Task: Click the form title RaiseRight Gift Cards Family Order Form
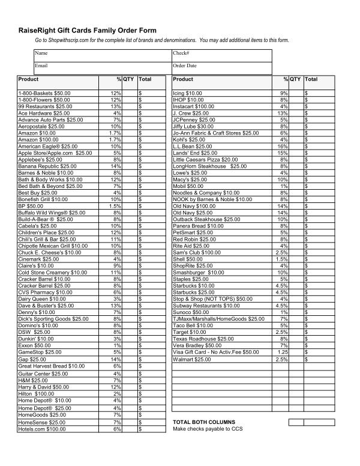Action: coord(88,30)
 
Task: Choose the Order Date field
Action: coord(222,65)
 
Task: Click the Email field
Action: coord(102,65)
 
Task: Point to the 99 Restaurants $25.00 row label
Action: coord(46,106)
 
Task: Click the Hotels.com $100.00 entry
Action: coord(42,429)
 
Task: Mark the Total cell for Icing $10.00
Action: coord(319,93)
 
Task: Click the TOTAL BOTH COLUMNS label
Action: coord(204,422)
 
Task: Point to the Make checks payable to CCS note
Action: coord(208,429)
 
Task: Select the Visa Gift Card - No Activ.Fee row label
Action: coord(216,353)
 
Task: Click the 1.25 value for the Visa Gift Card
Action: coord(282,353)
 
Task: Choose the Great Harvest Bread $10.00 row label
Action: coord(52,366)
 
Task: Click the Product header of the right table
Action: coord(183,79)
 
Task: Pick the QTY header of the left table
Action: coord(129,79)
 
